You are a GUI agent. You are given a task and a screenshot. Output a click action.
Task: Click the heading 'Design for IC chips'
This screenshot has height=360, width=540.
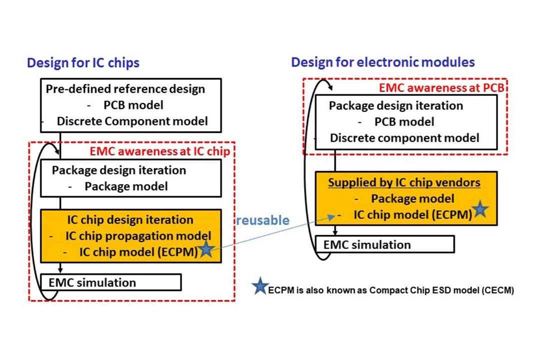coord(83,63)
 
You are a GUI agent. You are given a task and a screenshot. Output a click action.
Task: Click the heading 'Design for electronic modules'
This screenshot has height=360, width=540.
coord(383,62)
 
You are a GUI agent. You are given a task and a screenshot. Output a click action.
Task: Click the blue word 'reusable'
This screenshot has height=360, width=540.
coord(262,220)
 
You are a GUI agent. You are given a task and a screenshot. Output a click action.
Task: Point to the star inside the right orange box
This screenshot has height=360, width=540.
coord(480,210)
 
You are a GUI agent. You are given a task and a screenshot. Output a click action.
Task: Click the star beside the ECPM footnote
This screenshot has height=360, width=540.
coord(259,288)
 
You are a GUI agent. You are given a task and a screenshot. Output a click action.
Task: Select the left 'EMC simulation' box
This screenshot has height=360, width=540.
coord(110,282)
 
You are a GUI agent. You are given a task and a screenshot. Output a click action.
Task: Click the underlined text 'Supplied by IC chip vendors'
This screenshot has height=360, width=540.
coord(404,182)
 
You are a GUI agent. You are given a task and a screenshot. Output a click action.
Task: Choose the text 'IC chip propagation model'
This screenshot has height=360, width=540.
coord(138,235)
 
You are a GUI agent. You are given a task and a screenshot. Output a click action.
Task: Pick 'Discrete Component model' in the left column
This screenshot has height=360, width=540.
coord(132,121)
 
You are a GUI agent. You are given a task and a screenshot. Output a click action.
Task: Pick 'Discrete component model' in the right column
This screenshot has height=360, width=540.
coord(404,137)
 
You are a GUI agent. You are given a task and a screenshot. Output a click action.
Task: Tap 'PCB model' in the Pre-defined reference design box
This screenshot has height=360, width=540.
coord(133,105)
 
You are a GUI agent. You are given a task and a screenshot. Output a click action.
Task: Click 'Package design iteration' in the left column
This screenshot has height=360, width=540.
coord(119,170)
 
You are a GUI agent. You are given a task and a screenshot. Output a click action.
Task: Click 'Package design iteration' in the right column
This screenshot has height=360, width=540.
coord(396,106)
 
